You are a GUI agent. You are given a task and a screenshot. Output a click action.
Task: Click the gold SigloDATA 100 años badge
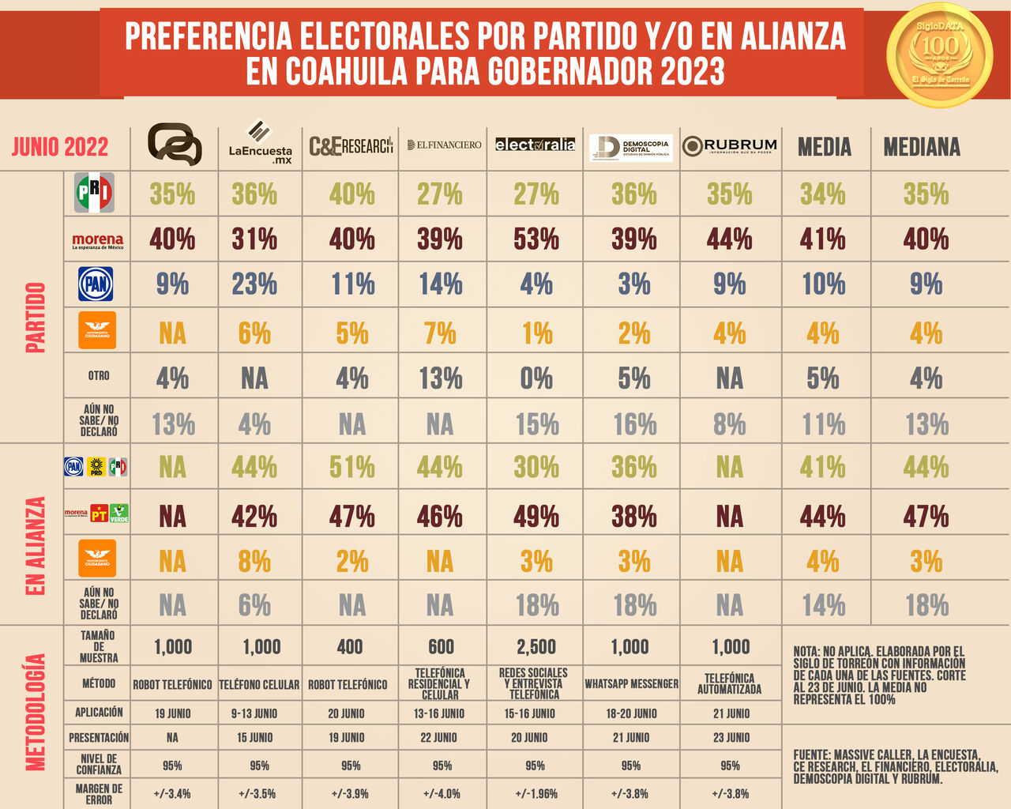click(x=939, y=54)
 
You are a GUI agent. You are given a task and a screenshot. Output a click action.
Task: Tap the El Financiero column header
click(x=444, y=145)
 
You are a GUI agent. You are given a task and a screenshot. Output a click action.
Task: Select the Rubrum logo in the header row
click(x=730, y=146)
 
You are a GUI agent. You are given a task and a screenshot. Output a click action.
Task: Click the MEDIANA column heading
click(x=922, y=147)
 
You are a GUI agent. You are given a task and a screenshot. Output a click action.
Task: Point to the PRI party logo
click(x=95, y=193)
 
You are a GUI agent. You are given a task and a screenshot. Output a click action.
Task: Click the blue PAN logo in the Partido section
click(x=96, y=284)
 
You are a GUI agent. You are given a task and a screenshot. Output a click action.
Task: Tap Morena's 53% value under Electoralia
click(x=536, y=239)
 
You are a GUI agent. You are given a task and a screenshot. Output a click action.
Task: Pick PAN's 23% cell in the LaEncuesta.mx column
click(x=254, y=284)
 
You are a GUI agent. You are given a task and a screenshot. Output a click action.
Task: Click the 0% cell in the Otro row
click(x=536, y=378)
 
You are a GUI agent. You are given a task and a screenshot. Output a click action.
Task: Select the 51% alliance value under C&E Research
click(x=352, y=467)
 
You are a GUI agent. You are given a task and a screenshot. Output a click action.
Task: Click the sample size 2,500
click(x=536, y=647)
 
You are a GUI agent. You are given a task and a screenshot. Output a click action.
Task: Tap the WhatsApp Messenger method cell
click(x=631, y=684)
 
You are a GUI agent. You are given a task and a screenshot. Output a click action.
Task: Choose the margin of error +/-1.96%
click(x=536, y=793)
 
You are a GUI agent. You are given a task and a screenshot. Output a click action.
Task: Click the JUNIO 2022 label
click(x=60, y=147)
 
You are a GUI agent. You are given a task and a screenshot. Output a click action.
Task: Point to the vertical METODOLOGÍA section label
click(x=36, y=712)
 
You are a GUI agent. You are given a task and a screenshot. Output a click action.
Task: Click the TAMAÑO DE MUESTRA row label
click(x=99, y=646)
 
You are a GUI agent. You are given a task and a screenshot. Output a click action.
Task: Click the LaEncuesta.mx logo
click(x=260, y=142)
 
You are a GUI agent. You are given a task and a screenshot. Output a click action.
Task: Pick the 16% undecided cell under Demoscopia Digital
click(x=634, y=425)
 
